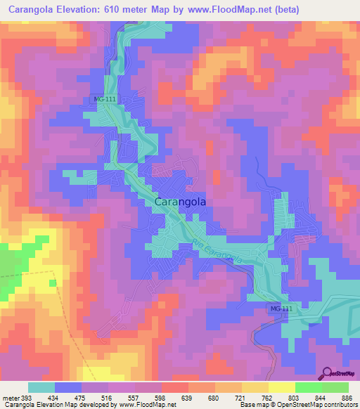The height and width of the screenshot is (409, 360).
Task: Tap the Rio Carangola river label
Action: (220, 251)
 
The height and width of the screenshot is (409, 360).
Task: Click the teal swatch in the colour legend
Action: (41, 387)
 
